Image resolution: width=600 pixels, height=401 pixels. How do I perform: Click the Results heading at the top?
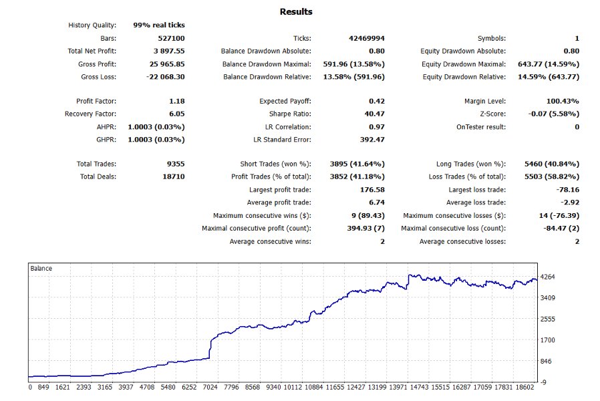(x=295, y=12)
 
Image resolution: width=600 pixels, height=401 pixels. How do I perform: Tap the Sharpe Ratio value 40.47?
(x=373, y=114)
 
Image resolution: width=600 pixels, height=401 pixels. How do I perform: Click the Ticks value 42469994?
(x=362, y=38)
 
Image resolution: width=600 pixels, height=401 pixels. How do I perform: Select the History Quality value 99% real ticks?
(x=159, y=25)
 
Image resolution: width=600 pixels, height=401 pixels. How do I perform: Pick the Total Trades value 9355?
(x=173, y=164)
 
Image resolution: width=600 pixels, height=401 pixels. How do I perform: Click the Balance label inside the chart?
(x=41, y=268)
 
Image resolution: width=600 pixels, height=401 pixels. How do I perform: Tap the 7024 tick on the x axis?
(x=210, y=387)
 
